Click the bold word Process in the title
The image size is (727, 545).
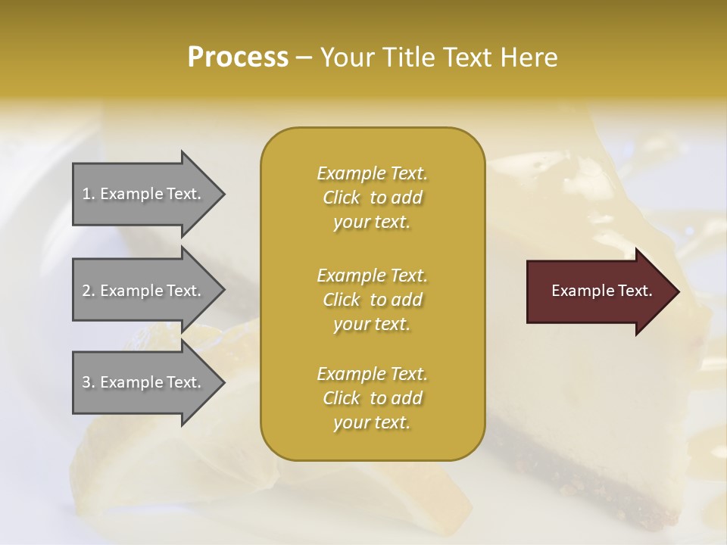click(x=238, y=58)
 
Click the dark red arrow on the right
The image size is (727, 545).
click(x=598, y=291)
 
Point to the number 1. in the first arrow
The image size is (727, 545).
click(x=89, y=194)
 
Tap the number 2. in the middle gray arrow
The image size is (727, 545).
click(x=89, y=291)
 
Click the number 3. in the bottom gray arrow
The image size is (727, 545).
click(x=89, y=382)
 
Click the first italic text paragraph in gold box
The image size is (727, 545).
click(x=372, y=198)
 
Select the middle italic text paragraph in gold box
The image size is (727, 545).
click(x=372, y=300)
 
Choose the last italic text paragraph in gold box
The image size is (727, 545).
click(x=372, y=398)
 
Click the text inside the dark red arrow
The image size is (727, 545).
click(x=601, y=291)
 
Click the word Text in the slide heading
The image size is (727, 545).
click(x=466, y=58)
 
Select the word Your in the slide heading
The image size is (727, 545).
click(x=345, y=58)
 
